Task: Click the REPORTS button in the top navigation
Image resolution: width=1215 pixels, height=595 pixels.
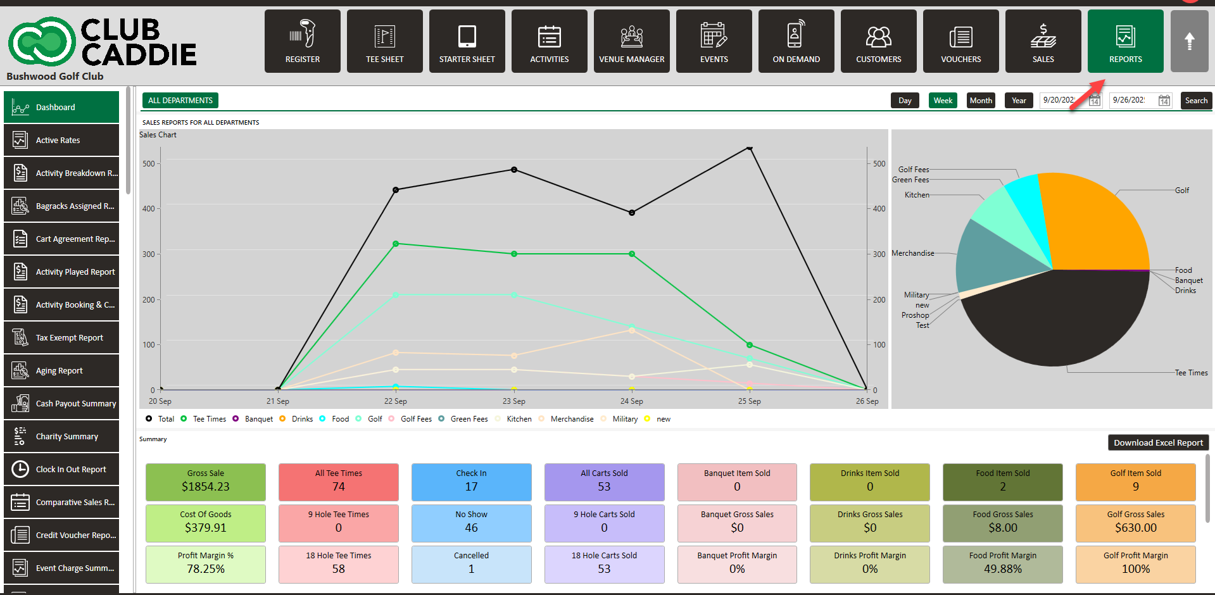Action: tap(1125, 41)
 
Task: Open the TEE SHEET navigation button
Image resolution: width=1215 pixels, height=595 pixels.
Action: tap(384, 41)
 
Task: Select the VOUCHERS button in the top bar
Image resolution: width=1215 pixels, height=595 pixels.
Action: tap(960, 41)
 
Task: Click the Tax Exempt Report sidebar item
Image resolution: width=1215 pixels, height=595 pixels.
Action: tap(61, 338)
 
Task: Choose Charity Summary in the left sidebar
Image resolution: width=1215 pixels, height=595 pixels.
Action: tap(61, 437)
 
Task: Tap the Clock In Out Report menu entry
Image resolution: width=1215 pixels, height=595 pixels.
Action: tap(61, 470)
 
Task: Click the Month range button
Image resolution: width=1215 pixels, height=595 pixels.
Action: tap(981, 101)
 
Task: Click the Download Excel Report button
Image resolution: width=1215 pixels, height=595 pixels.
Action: tap(1158, 442)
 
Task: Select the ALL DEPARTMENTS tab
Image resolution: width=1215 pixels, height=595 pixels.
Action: tap(180, 101)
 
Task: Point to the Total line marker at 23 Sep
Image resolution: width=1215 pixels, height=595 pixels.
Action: tap(514, 170)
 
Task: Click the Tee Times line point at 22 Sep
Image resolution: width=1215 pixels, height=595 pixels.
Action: tap(396, 244)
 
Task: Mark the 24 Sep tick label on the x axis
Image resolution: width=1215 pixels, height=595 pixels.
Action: tap(631, 401)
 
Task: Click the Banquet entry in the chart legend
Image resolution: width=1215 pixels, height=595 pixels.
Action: tap(258, 419)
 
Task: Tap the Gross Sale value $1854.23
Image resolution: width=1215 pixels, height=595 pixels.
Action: tap(206, 487)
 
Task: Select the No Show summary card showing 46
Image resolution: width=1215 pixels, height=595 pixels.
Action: tap(472, 523)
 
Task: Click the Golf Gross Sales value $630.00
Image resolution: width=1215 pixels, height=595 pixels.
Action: tap(1136, 528)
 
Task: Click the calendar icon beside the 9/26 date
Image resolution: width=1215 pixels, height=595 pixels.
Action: tap(1164, 101)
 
